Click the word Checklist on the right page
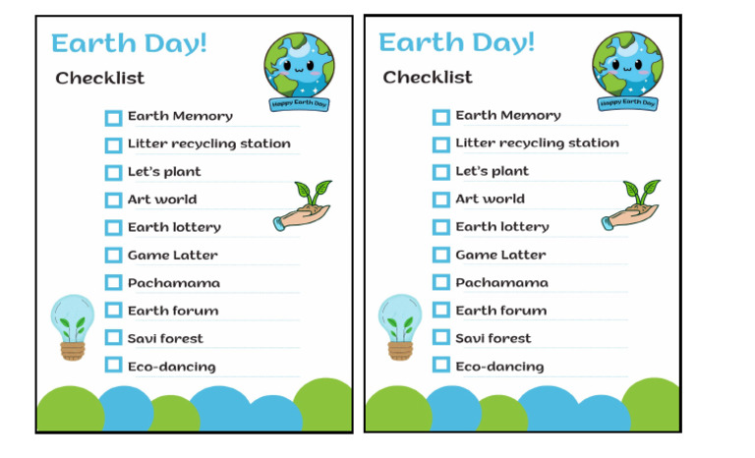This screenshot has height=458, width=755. (x=428, y=77)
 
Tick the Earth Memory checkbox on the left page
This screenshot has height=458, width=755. (x=113, y=117)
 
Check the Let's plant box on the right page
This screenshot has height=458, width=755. (x=440, y=172)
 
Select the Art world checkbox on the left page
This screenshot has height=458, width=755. (x=113, y=200)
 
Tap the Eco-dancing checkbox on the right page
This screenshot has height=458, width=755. (x=440, y=366)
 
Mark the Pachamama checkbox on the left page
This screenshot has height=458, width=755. (x=113, y=283)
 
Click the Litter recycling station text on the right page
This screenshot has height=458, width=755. (x=537, y=143)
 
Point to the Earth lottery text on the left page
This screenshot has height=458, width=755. (x=174, y=227)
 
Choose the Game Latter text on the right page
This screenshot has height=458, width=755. (x=500, y=255)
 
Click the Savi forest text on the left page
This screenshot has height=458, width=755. (x=165, y=338)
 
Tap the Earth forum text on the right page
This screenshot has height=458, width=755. (x=500, y=311)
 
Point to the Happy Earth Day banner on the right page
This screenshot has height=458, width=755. (x=627, y=102)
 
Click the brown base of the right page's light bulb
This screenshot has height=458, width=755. (x=400, y=349)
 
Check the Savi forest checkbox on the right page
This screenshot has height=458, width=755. (x=440, y=338)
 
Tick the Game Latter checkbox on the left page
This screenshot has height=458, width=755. (x=113, y=256)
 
